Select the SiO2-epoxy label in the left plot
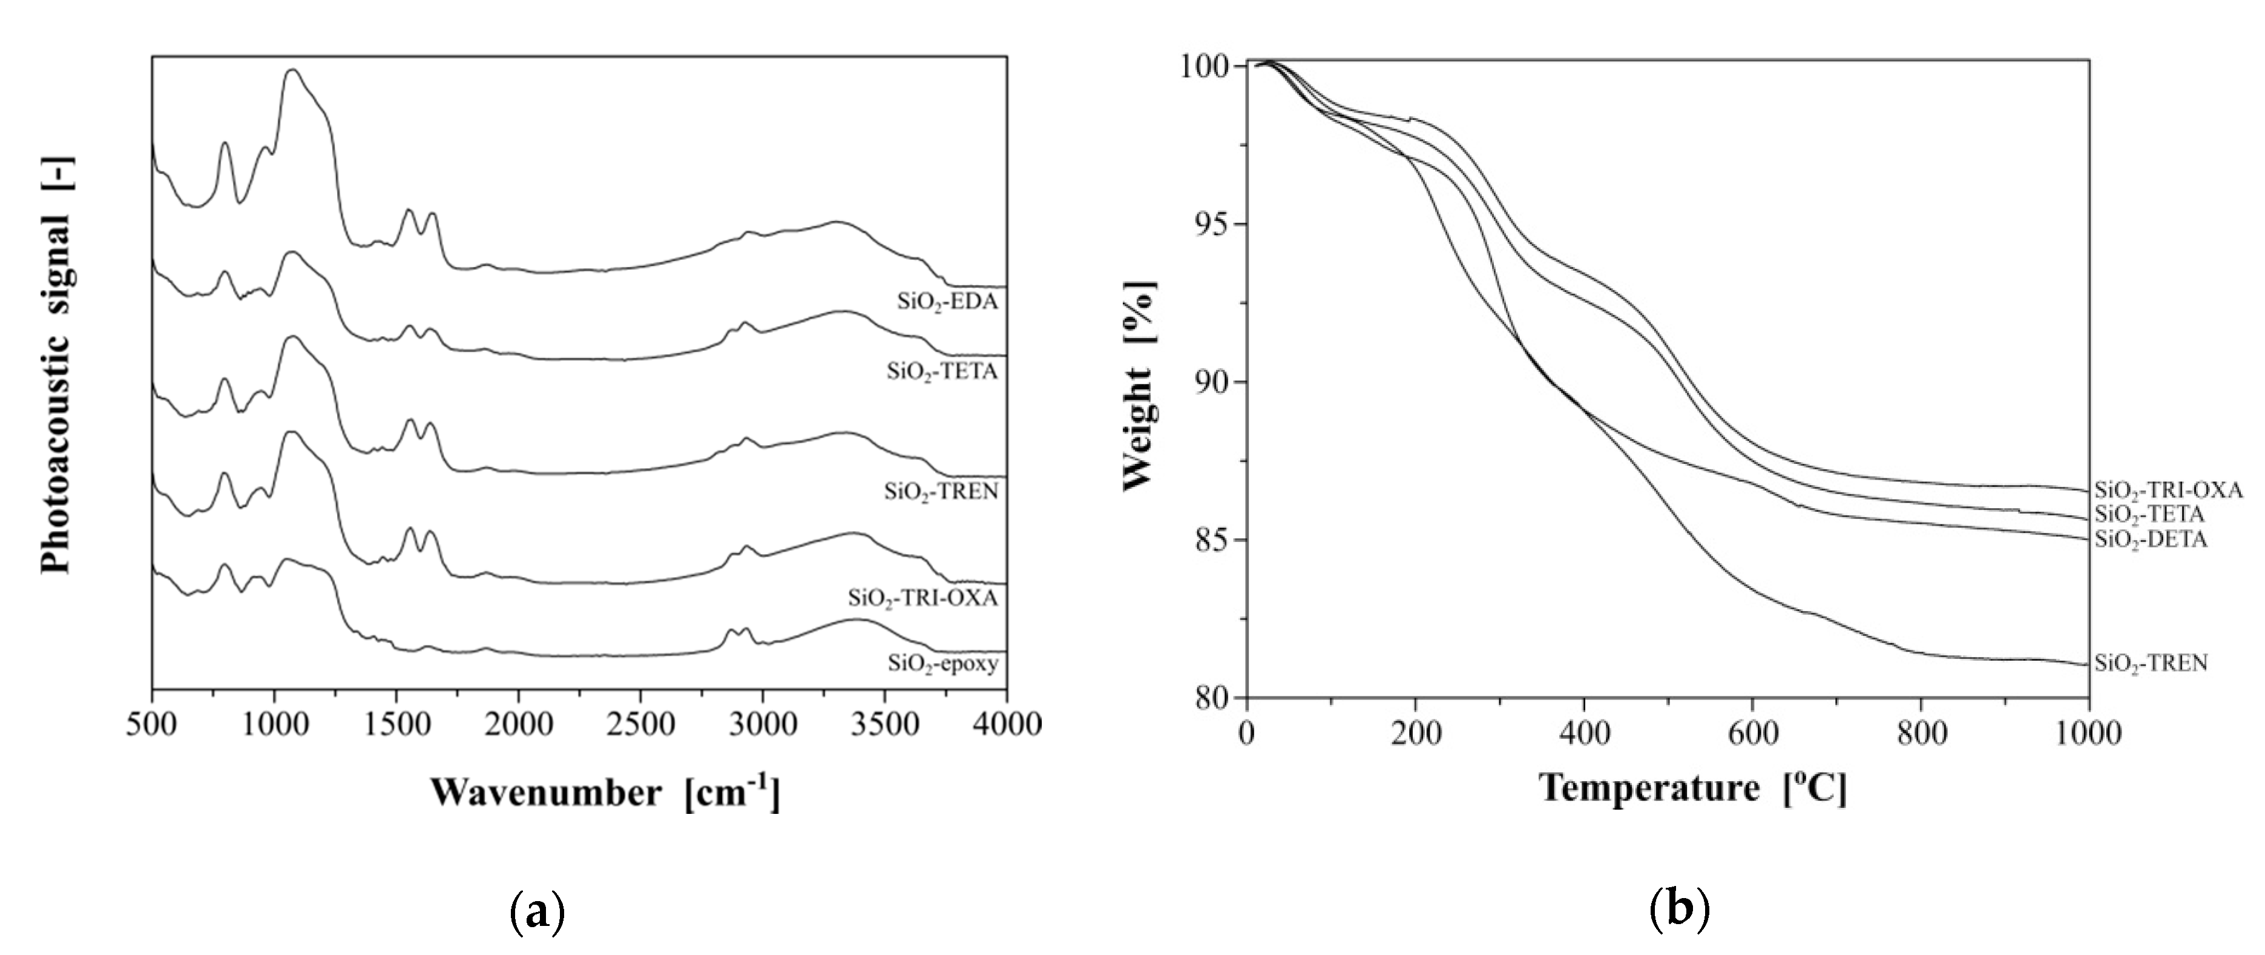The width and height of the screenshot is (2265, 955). pos(942,664)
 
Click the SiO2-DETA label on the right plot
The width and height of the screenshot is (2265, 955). pos(2151,540)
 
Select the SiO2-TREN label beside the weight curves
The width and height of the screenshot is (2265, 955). pos(2151,663)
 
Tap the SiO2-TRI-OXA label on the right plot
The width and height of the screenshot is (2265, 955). pos(2168,490)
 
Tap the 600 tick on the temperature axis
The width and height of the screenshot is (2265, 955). pos(1752,732)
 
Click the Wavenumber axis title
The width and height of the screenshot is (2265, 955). pos(605,793)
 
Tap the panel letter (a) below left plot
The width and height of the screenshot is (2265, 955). pos(536,914)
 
